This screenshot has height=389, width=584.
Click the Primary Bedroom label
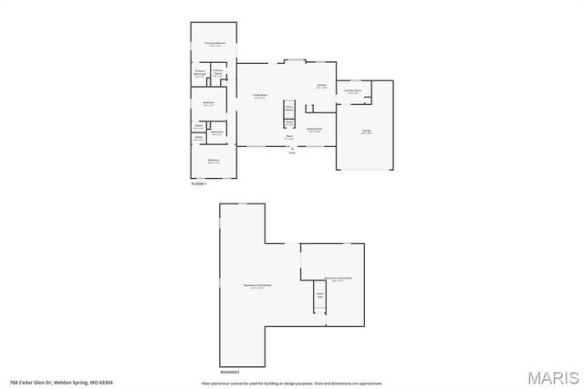pyautogui.click(x=214, y=44)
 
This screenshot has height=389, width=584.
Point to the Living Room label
pyautogui.click(x=259, y=95)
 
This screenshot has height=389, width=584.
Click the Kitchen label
pyautogui.click(x=321, y=87)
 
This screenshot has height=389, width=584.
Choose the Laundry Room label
pyautogui.click(x=352, y=91)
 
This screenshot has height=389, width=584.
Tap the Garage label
pyautogui.click(x=366, y=132)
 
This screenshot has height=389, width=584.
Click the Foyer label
pyautogui.click(x=288, y=137)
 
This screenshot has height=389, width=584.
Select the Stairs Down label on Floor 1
pyautogui.click(x=288, y=108)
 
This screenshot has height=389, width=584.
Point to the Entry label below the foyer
pyautogui.click(x=292, y=152)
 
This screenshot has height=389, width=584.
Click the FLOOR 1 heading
pyautogui.click(x=199, y=184)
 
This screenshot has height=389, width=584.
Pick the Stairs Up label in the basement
pyautogui.click(x=320, y=295)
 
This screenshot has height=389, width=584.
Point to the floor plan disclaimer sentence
pyautogui.click(x=292, y=383)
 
